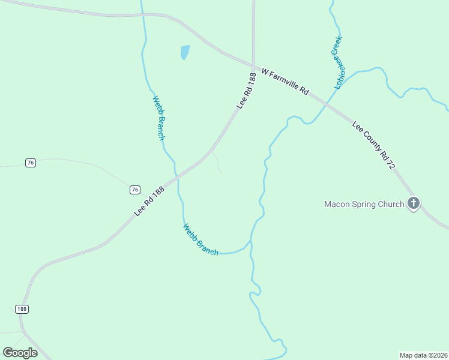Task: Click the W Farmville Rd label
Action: pyautogui.click(x=285, y=83)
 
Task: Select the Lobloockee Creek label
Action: pyautogui.click(x=338, y=62)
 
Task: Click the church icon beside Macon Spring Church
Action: pyautogui.click(x=413, y=204)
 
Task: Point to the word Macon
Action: pyautogui.click(x=337, y=204)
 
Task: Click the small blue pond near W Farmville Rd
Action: pyautogui.click(x=185, y=52)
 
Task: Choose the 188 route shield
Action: pyautogui.click(x=22, y=309)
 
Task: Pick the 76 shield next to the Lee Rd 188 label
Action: pyautogui.click(x=134, y=190)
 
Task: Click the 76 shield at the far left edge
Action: pyautogui.click(x=31, y=163)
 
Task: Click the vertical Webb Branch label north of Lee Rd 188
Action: pyautogui.click(x=158, y=118)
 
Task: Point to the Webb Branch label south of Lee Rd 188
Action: pyautogui.click(x=200, y=239)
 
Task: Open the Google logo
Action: pyautogui.click(x=20, y=353)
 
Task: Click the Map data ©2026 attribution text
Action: pyautogui.click(x=423, y=355)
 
